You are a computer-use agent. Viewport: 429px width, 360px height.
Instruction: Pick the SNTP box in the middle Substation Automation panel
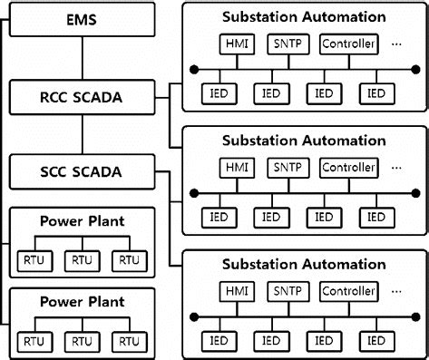point(288,168)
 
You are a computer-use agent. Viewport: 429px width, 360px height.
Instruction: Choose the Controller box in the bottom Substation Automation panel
point(347,292)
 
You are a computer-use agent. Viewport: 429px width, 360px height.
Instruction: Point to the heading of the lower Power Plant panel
point(83,300)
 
